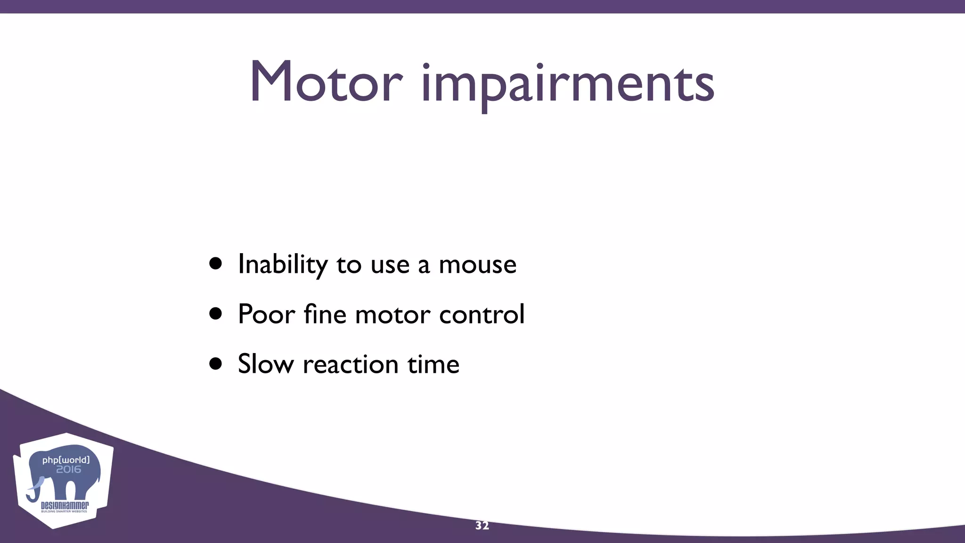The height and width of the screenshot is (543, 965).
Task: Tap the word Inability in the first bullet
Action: (282, 264)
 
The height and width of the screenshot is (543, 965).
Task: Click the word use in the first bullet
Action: (390, 264)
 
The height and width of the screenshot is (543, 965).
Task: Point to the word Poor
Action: (266, 314)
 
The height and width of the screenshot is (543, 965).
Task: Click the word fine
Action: (325, 314)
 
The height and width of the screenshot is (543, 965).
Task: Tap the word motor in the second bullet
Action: (393, 315)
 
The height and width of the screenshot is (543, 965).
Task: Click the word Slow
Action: (265, 364)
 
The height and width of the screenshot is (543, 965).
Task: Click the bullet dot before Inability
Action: (216, 264)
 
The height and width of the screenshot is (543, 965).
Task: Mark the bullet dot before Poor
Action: (216, 314)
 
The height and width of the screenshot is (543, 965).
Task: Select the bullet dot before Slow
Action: (216, 364)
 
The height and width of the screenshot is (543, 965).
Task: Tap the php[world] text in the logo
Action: (65, 460)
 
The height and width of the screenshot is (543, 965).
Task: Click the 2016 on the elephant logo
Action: (69, 469)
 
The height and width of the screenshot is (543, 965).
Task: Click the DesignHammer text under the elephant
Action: (65, 506)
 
